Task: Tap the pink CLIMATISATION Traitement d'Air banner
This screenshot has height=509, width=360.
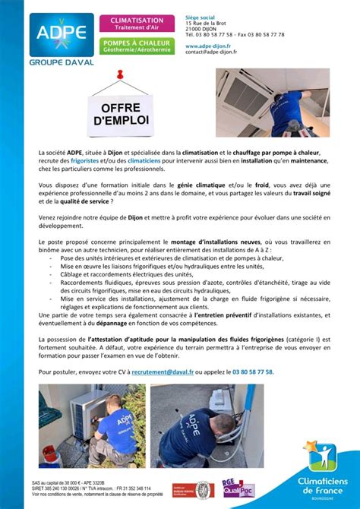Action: (x=137, y=23)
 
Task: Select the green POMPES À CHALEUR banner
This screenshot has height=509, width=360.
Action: (x=137, y=46)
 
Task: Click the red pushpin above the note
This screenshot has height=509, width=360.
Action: (x=119, y=76)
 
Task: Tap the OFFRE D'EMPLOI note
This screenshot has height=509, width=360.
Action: (x=120, y=115)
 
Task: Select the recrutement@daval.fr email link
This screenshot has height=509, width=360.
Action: (x=163, y=372)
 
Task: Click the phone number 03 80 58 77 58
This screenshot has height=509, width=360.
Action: (x=253, y=372)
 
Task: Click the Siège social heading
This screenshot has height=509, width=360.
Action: (x=201, y=17)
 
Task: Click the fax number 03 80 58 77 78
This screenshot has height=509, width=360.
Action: (x=262, y=34)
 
